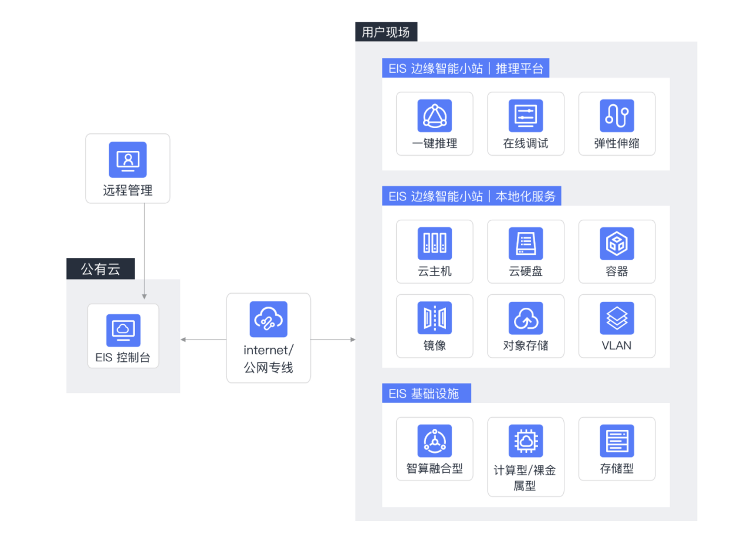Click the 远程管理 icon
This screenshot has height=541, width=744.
coord(127,159)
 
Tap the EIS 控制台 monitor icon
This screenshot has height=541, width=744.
coord(123,330)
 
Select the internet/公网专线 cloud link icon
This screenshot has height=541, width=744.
coord(268,319)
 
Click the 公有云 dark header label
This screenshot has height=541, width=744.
coord(100,270)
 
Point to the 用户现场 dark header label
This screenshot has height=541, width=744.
coord(385,32)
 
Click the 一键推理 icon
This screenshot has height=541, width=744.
coord(434,116)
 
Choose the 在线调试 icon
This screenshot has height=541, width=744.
coord(525,116)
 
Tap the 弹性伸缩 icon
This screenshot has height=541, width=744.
coord(617,116)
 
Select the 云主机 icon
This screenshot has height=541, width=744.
coord(434,243)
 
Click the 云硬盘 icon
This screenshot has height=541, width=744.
coord(525,243)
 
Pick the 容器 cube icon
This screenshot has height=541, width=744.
coord(617,243)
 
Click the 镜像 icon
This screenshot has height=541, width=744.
coord(434,318)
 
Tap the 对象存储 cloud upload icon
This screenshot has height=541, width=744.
coord(525,318)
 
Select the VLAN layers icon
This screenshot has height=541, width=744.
coord(617,318)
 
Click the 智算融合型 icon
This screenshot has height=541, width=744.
coord(434,441)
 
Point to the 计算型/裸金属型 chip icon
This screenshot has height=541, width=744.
coord(525,441)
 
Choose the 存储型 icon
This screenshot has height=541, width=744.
coord(617,441)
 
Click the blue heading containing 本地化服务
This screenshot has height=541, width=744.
coord(471,196)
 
